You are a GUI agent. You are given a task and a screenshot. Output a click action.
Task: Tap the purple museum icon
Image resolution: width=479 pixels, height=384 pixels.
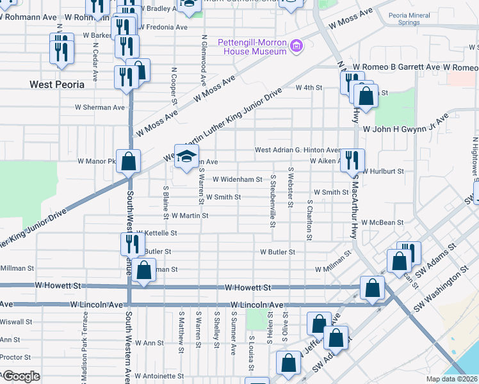296,45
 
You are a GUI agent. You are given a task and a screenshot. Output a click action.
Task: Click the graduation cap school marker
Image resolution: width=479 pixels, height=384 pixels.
186,157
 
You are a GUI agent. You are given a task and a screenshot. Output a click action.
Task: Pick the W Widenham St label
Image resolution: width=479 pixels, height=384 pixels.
237,180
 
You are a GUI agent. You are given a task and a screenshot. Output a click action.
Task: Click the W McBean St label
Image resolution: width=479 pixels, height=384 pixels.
382,223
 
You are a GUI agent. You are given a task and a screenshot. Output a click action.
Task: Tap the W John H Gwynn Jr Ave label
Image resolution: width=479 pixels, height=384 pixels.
405,127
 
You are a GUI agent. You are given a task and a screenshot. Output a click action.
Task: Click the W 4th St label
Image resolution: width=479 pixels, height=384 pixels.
307,87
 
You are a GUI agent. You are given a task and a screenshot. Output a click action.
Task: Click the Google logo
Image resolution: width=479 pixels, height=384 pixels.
20,376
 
